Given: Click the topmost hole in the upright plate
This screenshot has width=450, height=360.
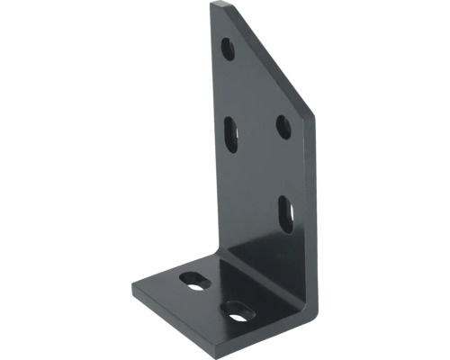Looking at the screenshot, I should click(229, 49).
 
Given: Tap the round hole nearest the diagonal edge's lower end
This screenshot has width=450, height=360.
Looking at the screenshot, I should click(283, 127).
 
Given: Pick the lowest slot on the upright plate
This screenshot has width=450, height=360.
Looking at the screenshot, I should click(285, 213).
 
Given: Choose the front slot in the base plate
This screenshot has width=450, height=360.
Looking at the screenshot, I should click(238, 313).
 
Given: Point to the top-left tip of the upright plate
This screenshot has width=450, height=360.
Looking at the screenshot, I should click(214, 4).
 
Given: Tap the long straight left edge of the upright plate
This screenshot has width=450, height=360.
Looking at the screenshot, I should click(211, 135).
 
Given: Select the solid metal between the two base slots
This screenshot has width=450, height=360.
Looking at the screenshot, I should click(216, 296).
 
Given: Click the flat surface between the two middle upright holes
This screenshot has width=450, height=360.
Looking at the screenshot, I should click(256, 130).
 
